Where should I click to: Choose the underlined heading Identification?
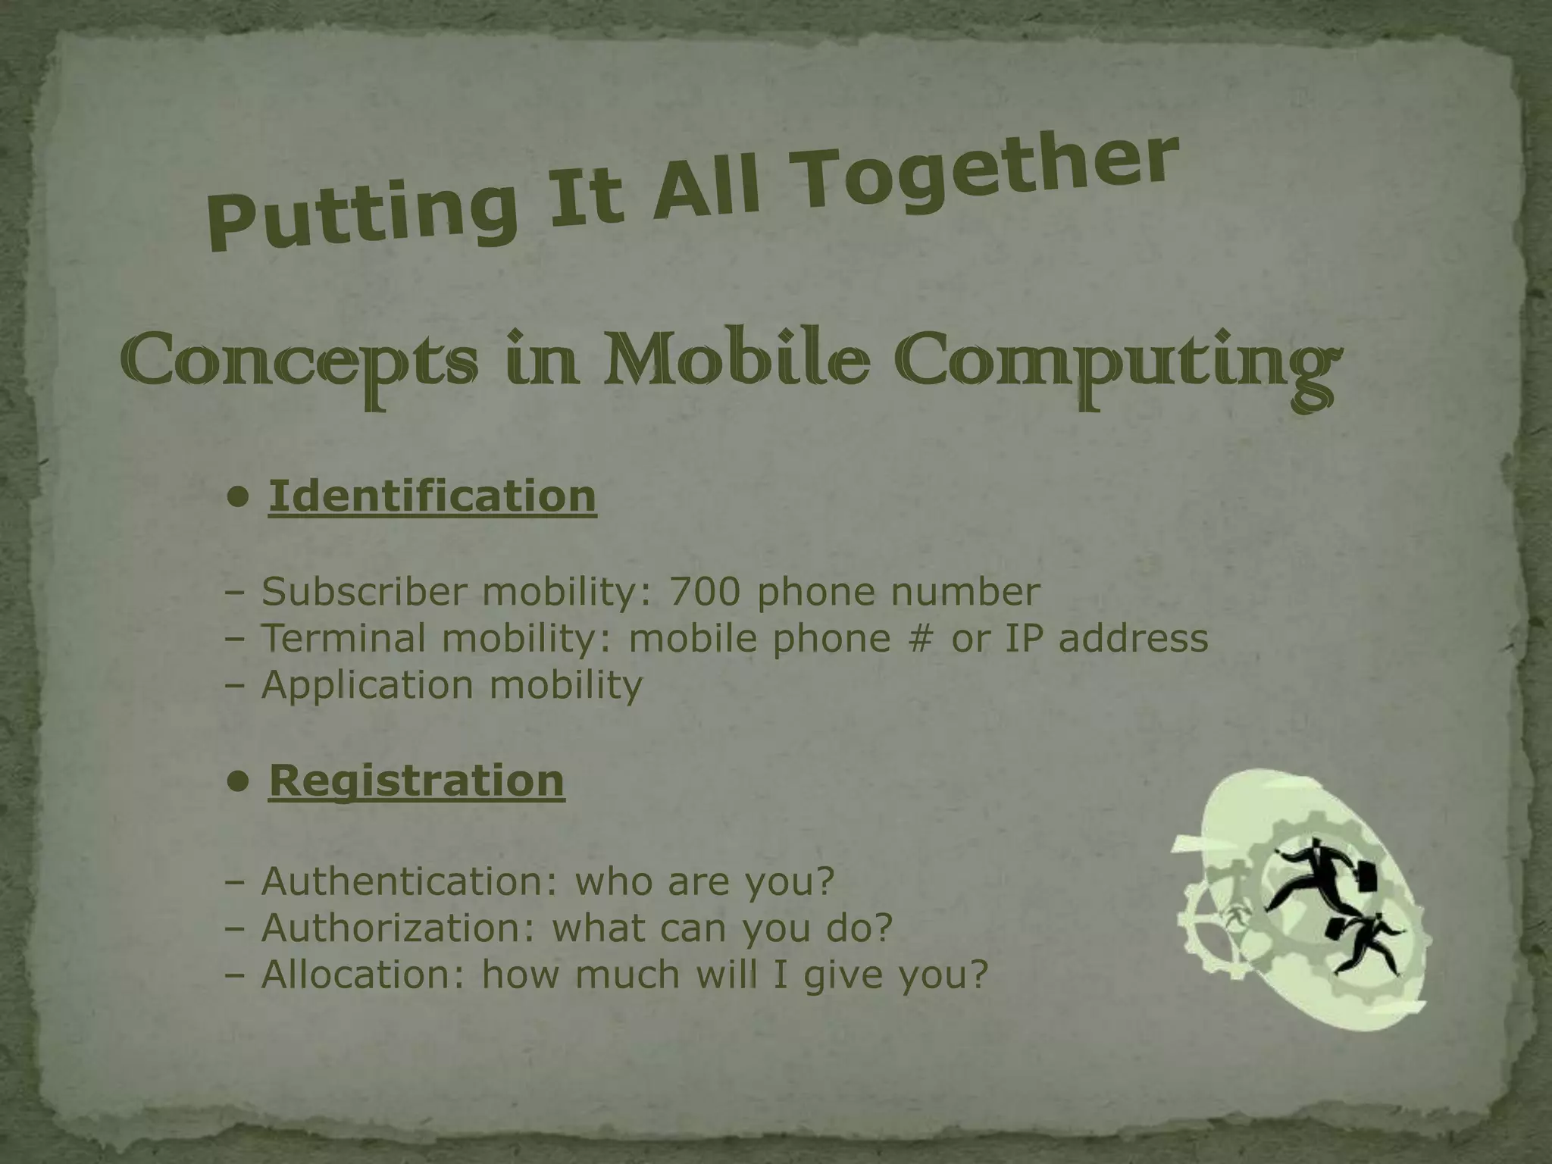(x=433, y=496)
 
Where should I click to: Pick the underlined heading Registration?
(x=417, y=780)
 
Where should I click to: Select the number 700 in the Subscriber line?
(x=704, y=592)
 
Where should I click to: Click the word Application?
(x=367, y=685)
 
